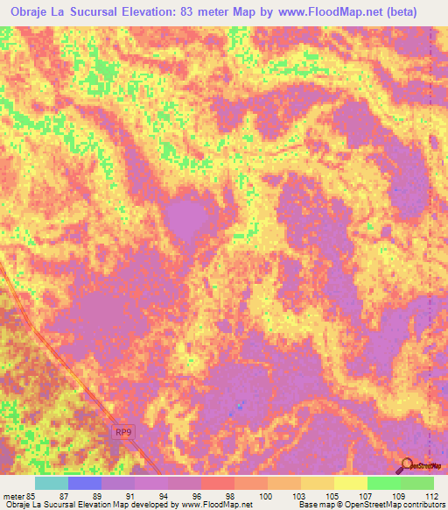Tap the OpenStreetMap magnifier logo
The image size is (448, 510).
click(406, 465)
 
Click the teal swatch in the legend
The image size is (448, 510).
click(52, 483)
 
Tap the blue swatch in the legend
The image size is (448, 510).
click(85, 483)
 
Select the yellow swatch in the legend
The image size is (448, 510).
click(350, 483)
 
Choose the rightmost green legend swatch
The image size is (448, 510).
click(417, 483)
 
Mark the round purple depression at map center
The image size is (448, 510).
click(186, 219)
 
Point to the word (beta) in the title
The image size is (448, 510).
click(399, 12)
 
